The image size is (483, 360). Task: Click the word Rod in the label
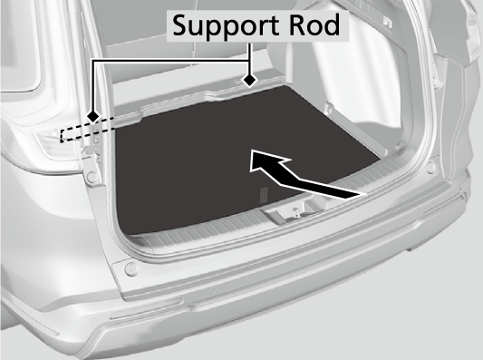click(x=314, y=24)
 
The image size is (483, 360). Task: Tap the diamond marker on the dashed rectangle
click(x=93, y=117)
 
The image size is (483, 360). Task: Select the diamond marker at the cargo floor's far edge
click(x=249, y=81)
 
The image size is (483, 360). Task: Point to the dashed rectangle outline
click(x=88, y=130)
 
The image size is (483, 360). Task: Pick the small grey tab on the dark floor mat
click(x=264, y=195)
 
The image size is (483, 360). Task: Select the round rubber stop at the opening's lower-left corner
click(x=130, y=268)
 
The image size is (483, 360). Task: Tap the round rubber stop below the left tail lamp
click(x=91, y=177)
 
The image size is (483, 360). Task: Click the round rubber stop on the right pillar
click(x=431, y=168)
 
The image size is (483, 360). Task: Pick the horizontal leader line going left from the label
click(x=171, y=61)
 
